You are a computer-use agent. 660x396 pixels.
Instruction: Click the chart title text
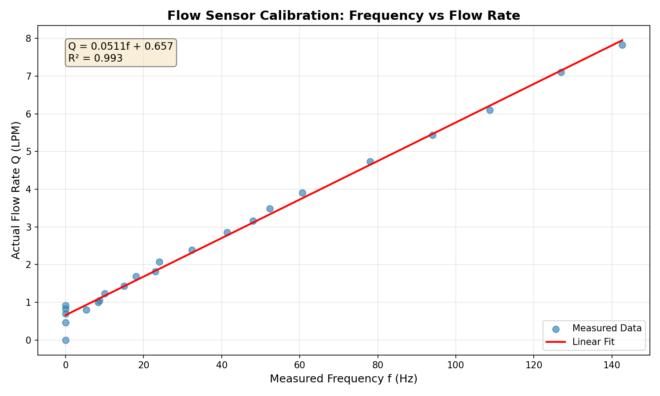tap(343, 16)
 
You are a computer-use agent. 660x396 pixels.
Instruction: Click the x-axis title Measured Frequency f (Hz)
tap(343, 379)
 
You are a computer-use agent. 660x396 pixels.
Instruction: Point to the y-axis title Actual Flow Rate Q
tap(16, 190)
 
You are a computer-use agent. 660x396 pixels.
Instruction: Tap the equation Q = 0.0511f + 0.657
tap(121, 46)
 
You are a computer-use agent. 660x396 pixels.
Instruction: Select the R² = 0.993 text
tap(95, 58)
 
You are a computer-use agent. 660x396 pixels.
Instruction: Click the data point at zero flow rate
tap(66, 340)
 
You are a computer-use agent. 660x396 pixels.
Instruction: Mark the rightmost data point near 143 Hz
tap(622, 45)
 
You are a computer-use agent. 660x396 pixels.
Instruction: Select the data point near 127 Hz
tap(561, 72)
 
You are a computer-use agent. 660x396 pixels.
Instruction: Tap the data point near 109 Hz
tap(490, 110)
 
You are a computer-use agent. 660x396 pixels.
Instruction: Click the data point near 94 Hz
tap(433, 135)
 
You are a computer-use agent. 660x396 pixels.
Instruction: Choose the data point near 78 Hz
tap(370, 161)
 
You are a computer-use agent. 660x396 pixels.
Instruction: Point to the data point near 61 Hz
tap(302, 193)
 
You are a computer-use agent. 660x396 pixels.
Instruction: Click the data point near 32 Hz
tap(192, 250)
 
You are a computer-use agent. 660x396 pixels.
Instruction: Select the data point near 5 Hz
tap(86, 310)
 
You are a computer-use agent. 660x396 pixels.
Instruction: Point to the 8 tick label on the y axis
tap(29, 39)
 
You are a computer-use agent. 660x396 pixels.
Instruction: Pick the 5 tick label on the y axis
tap(29, 152)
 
